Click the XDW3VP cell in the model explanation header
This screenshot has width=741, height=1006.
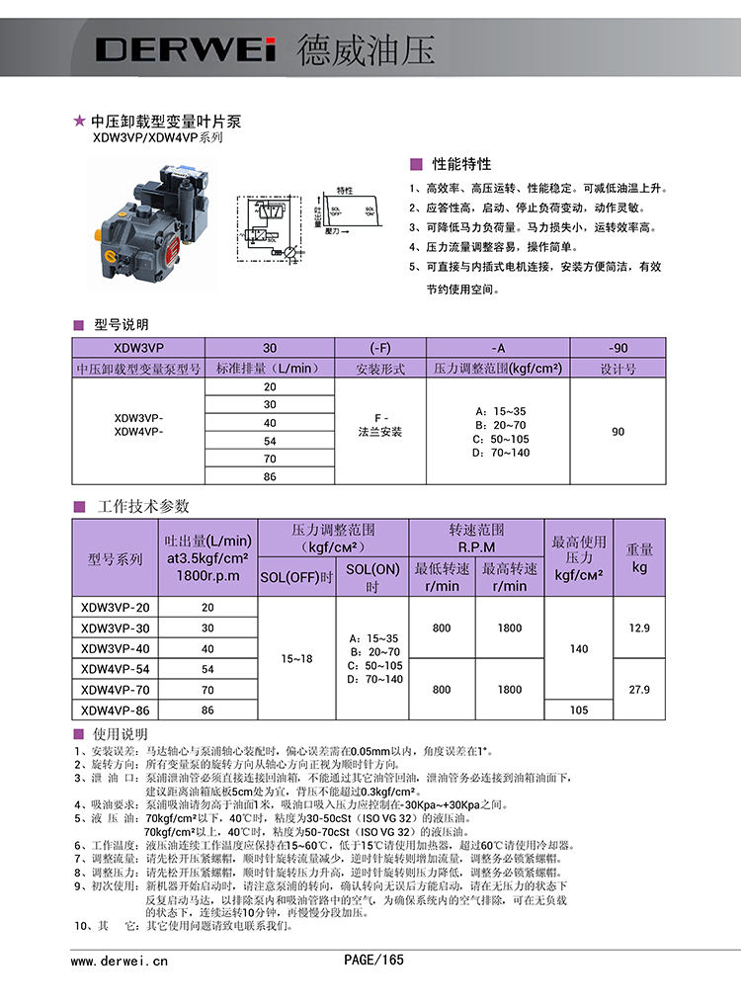[137, 348]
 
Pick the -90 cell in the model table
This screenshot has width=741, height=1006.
[618, 348]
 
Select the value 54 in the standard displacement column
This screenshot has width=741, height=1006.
[270, 441]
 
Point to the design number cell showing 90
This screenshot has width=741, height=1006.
[618, 432]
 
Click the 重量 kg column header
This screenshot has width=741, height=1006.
[639, 558]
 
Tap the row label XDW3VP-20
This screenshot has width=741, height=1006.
[116, 608]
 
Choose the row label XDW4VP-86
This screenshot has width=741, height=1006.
[116, 711]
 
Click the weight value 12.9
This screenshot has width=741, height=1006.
[639, 629]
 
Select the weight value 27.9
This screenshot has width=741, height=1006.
[639, 690]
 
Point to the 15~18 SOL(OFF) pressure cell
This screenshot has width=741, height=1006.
[295, 658]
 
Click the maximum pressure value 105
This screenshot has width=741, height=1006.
[579, 711]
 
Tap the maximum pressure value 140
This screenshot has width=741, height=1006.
[579, 649]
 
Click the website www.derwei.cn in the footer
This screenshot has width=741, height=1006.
[120, 960]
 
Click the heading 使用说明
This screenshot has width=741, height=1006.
[120, 735]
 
